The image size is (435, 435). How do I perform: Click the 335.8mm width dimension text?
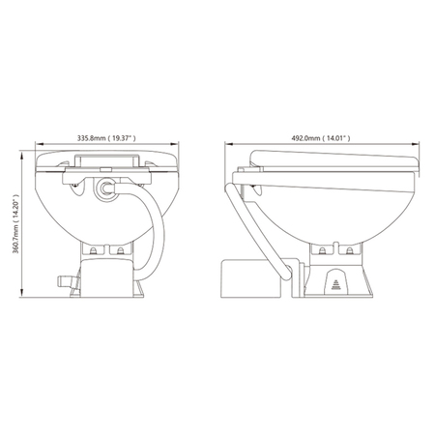tap(106, 138)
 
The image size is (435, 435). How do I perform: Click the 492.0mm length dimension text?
tap(321, 138)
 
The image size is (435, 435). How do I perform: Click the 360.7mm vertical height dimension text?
tap(15, 223)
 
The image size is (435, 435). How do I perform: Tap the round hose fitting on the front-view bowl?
tap(105, 188)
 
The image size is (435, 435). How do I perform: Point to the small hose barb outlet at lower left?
tap(67, 281)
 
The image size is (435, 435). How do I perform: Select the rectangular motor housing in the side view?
tap(250, 278)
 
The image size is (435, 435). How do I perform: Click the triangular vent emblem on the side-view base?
tap(336, 284)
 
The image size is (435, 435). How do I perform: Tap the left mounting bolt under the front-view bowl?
tap(94, 251)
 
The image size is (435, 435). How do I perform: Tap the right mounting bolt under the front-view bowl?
tap(120, 251)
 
